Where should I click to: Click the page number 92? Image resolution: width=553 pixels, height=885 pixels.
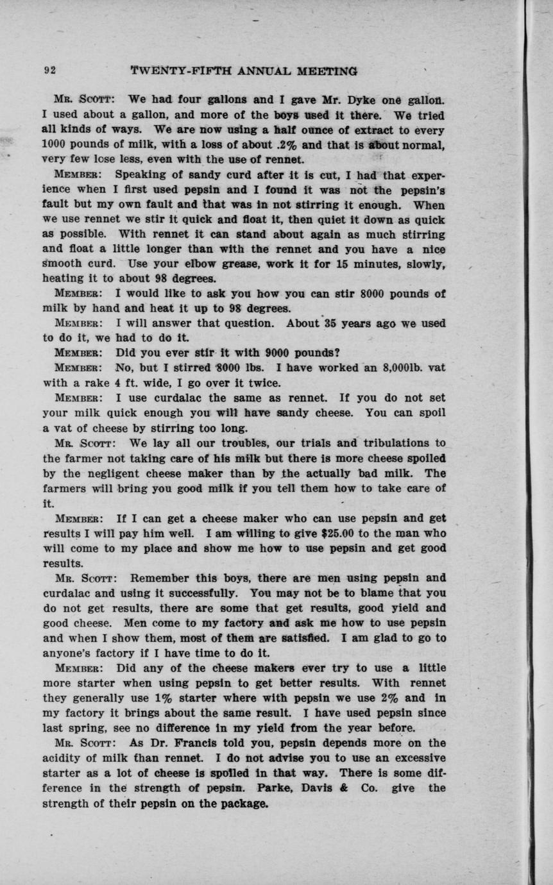[49, 71]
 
